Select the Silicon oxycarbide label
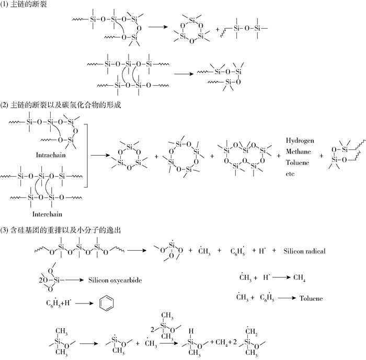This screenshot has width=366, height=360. pos(115,280)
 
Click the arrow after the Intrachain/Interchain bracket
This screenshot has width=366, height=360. pos(98,155)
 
